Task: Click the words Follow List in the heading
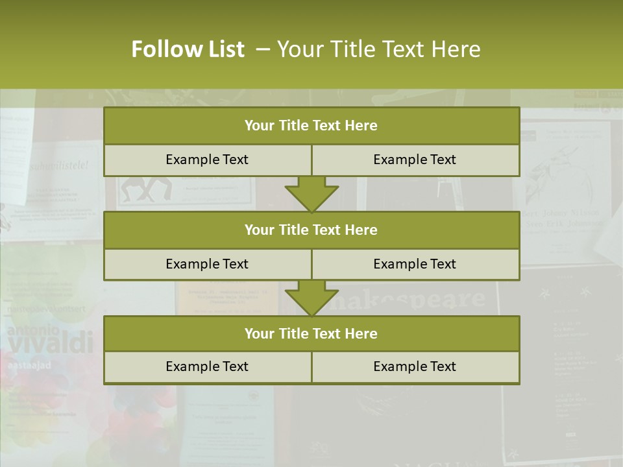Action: coord(188,49)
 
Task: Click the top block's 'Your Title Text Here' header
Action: coord(311,126)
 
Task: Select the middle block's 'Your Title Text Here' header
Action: coord(311,230)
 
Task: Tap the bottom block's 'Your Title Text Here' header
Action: coord(311,333)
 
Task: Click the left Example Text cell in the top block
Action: coord(207,160)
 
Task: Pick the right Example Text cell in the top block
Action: coord(415,160)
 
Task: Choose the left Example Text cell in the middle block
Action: coord(207,264)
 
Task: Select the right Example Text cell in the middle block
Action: coord(415,264)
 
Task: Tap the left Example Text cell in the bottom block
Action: coord(207,366)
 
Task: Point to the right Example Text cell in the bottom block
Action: coord(415,366)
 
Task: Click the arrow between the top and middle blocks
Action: coord(311,194)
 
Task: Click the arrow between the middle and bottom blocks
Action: coord(311,298)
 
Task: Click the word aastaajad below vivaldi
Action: coord(29,365)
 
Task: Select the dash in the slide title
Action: coord(263,49)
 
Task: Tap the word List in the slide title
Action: coord(226,49)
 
